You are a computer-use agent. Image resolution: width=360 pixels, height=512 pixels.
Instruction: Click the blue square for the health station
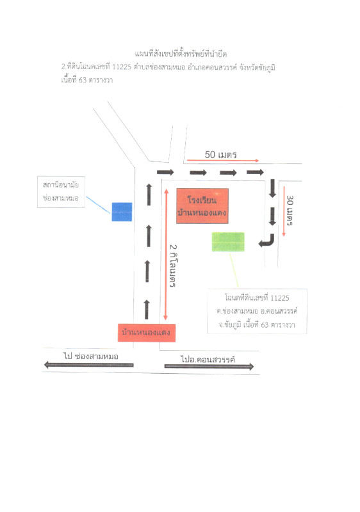pos(122,212)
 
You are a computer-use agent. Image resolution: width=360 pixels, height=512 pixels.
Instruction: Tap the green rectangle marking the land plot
pos(228,242)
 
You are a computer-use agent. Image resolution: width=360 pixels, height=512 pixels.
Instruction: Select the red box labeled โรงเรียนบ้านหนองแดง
pos(202,206)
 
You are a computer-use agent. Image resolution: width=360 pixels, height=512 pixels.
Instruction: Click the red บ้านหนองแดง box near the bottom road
pos(146,333)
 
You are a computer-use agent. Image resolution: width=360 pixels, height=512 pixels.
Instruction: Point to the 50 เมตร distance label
pos(220,154)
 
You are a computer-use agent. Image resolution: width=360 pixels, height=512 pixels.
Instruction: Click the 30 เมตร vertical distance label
pos(290,211)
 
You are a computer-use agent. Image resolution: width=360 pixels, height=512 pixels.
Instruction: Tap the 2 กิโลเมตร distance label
pos(173,266)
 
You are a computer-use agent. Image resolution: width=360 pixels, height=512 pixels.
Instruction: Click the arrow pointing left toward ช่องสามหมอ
pos(89,365)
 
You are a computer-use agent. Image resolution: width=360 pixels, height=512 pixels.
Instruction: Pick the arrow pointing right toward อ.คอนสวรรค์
pos(209,366)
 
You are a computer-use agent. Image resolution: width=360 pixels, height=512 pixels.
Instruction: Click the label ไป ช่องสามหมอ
pos(91,356)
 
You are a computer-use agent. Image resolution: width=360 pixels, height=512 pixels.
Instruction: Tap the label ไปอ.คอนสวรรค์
pos(208,359)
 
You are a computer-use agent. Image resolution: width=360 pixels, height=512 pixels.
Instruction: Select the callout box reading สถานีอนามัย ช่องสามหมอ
pos(61,192)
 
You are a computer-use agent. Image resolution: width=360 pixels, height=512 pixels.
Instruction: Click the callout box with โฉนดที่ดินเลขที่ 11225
pos(257,311)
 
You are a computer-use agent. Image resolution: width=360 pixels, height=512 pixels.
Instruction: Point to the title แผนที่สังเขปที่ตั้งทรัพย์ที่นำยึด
pos(181,54)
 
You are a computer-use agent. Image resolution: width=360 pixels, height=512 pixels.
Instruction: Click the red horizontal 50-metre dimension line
pos(223,161)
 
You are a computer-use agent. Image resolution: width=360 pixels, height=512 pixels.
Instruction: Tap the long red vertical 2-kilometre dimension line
pos(166,254)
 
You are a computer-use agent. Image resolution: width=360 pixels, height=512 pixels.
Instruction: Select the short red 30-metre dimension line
pos(284,211)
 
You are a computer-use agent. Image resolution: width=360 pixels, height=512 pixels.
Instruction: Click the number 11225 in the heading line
pos(122,67)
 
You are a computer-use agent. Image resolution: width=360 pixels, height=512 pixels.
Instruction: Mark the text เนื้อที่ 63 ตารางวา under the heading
pos(87,79)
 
